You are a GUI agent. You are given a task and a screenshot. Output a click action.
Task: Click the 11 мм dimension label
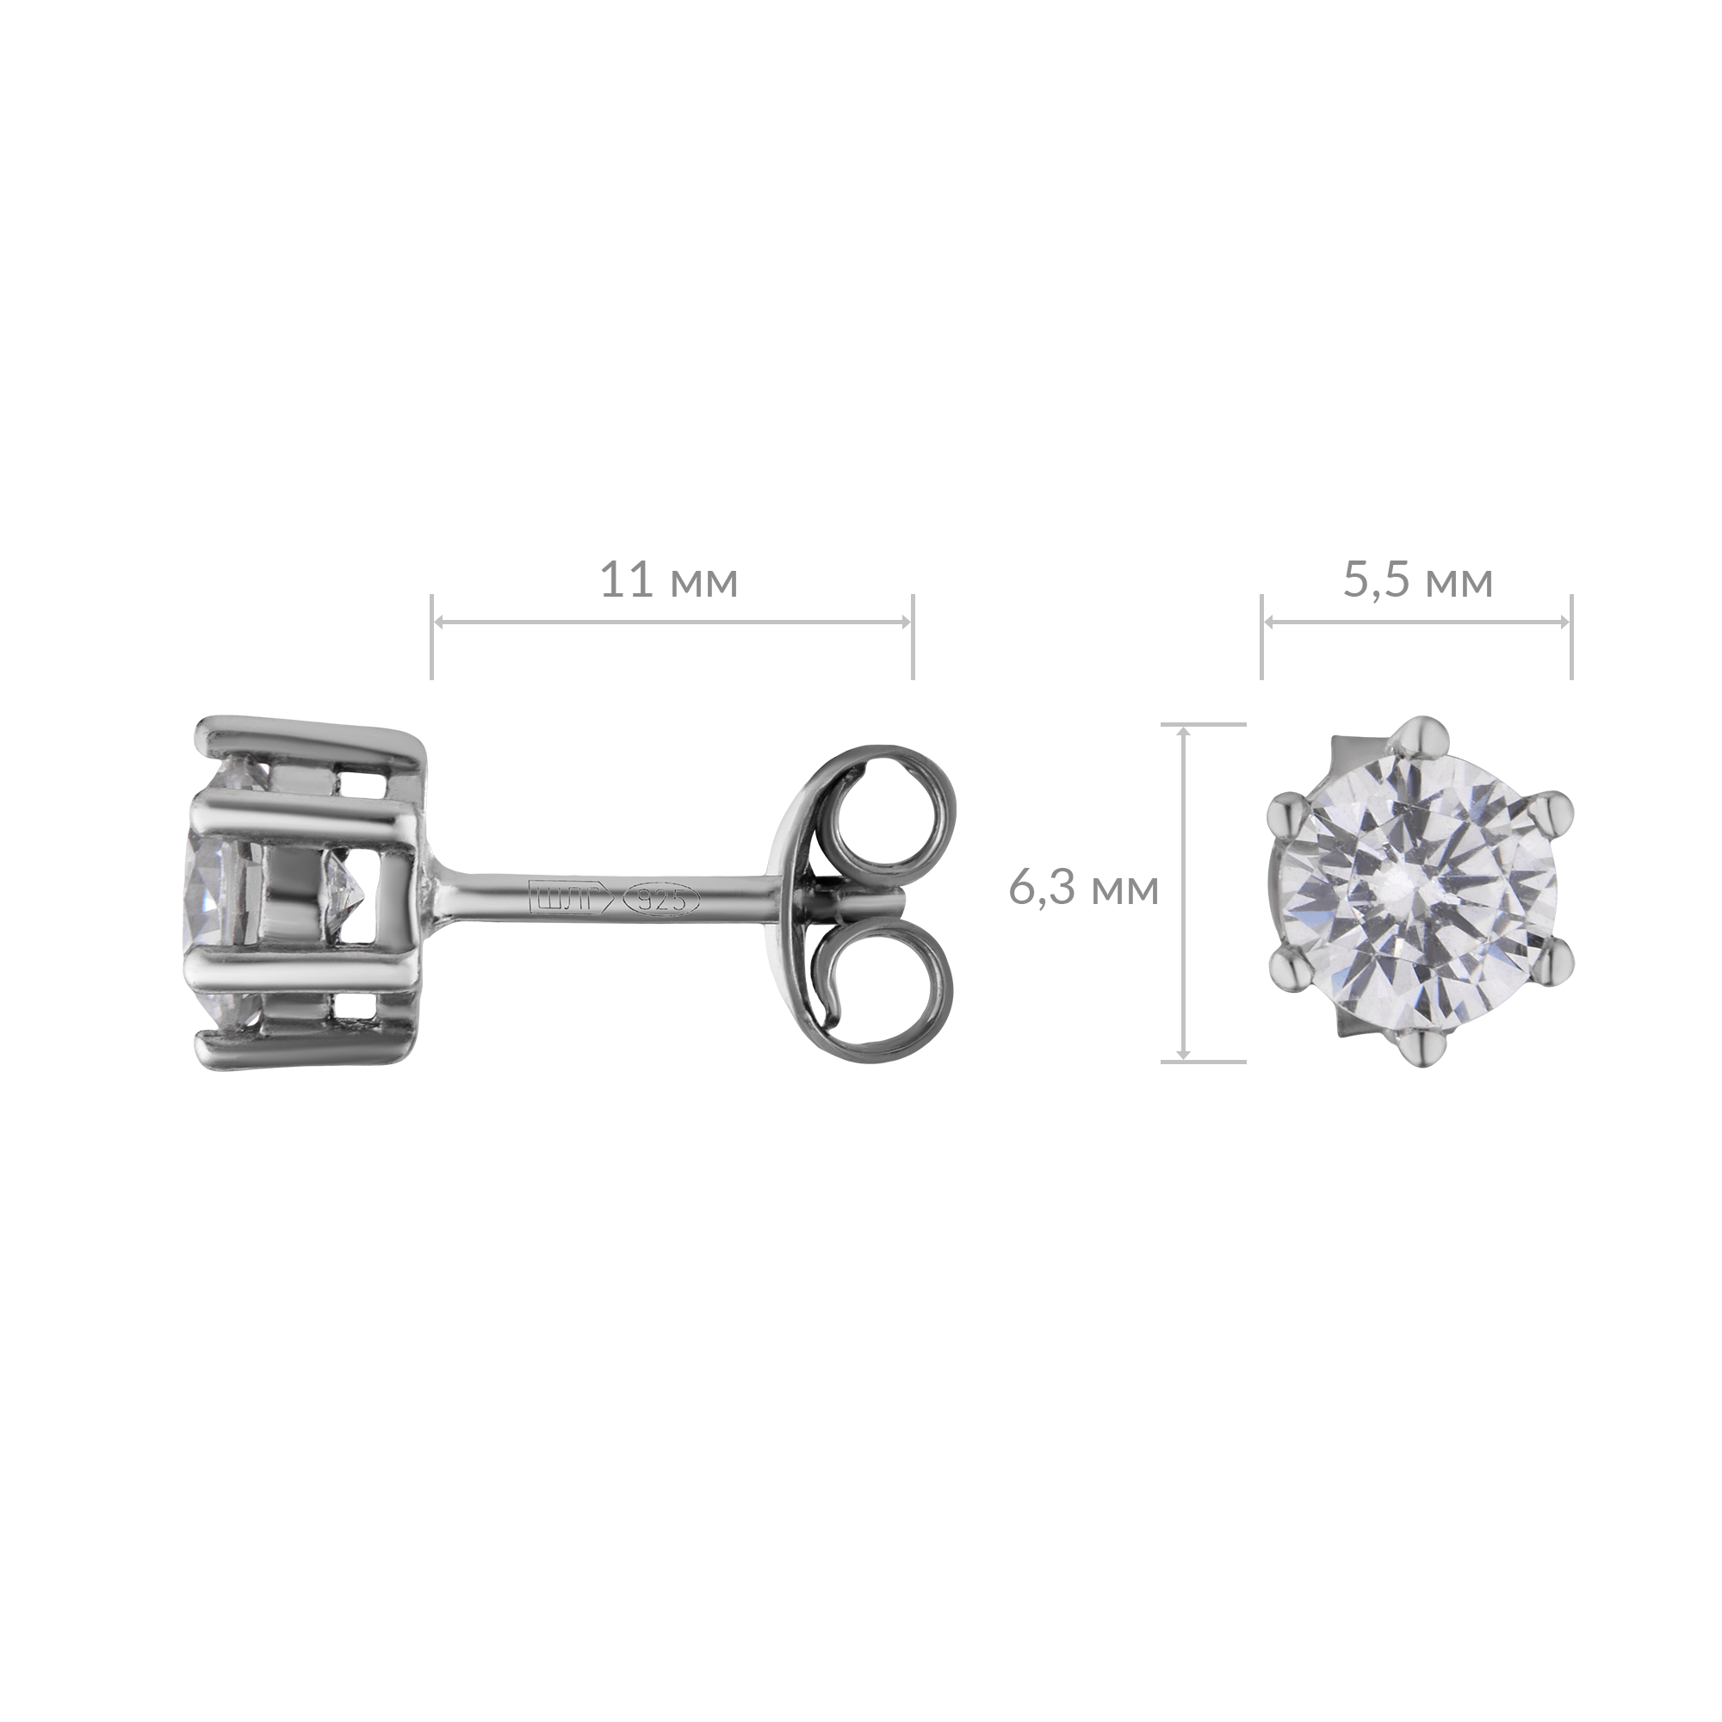point(668,581)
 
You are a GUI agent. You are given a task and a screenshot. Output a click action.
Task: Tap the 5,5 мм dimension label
point(1417,582)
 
